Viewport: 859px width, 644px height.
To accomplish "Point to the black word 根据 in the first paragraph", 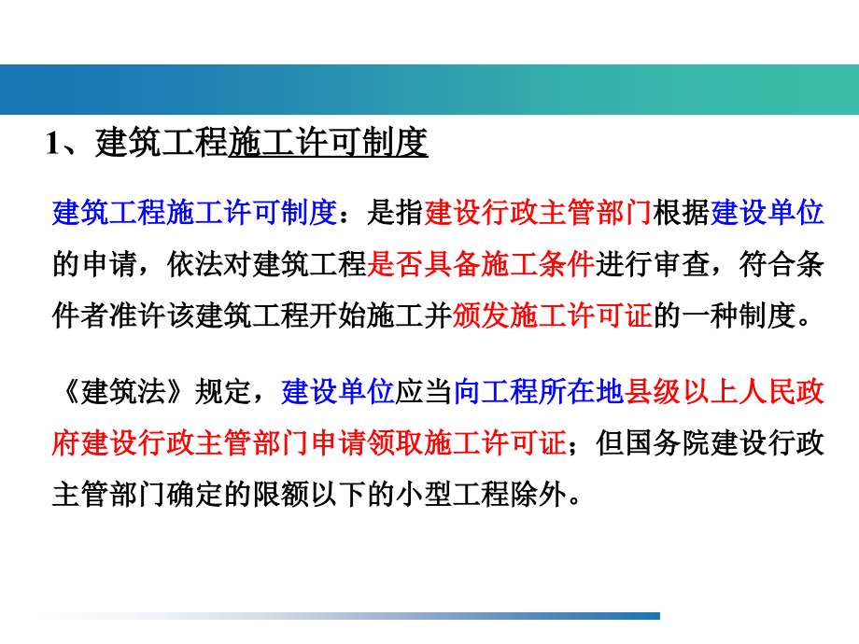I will (682, 214).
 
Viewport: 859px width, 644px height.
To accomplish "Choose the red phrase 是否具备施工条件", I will (481, 265).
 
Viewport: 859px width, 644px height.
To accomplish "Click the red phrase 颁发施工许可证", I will (552, 316).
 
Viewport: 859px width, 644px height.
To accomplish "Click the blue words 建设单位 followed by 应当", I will (338, 392).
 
